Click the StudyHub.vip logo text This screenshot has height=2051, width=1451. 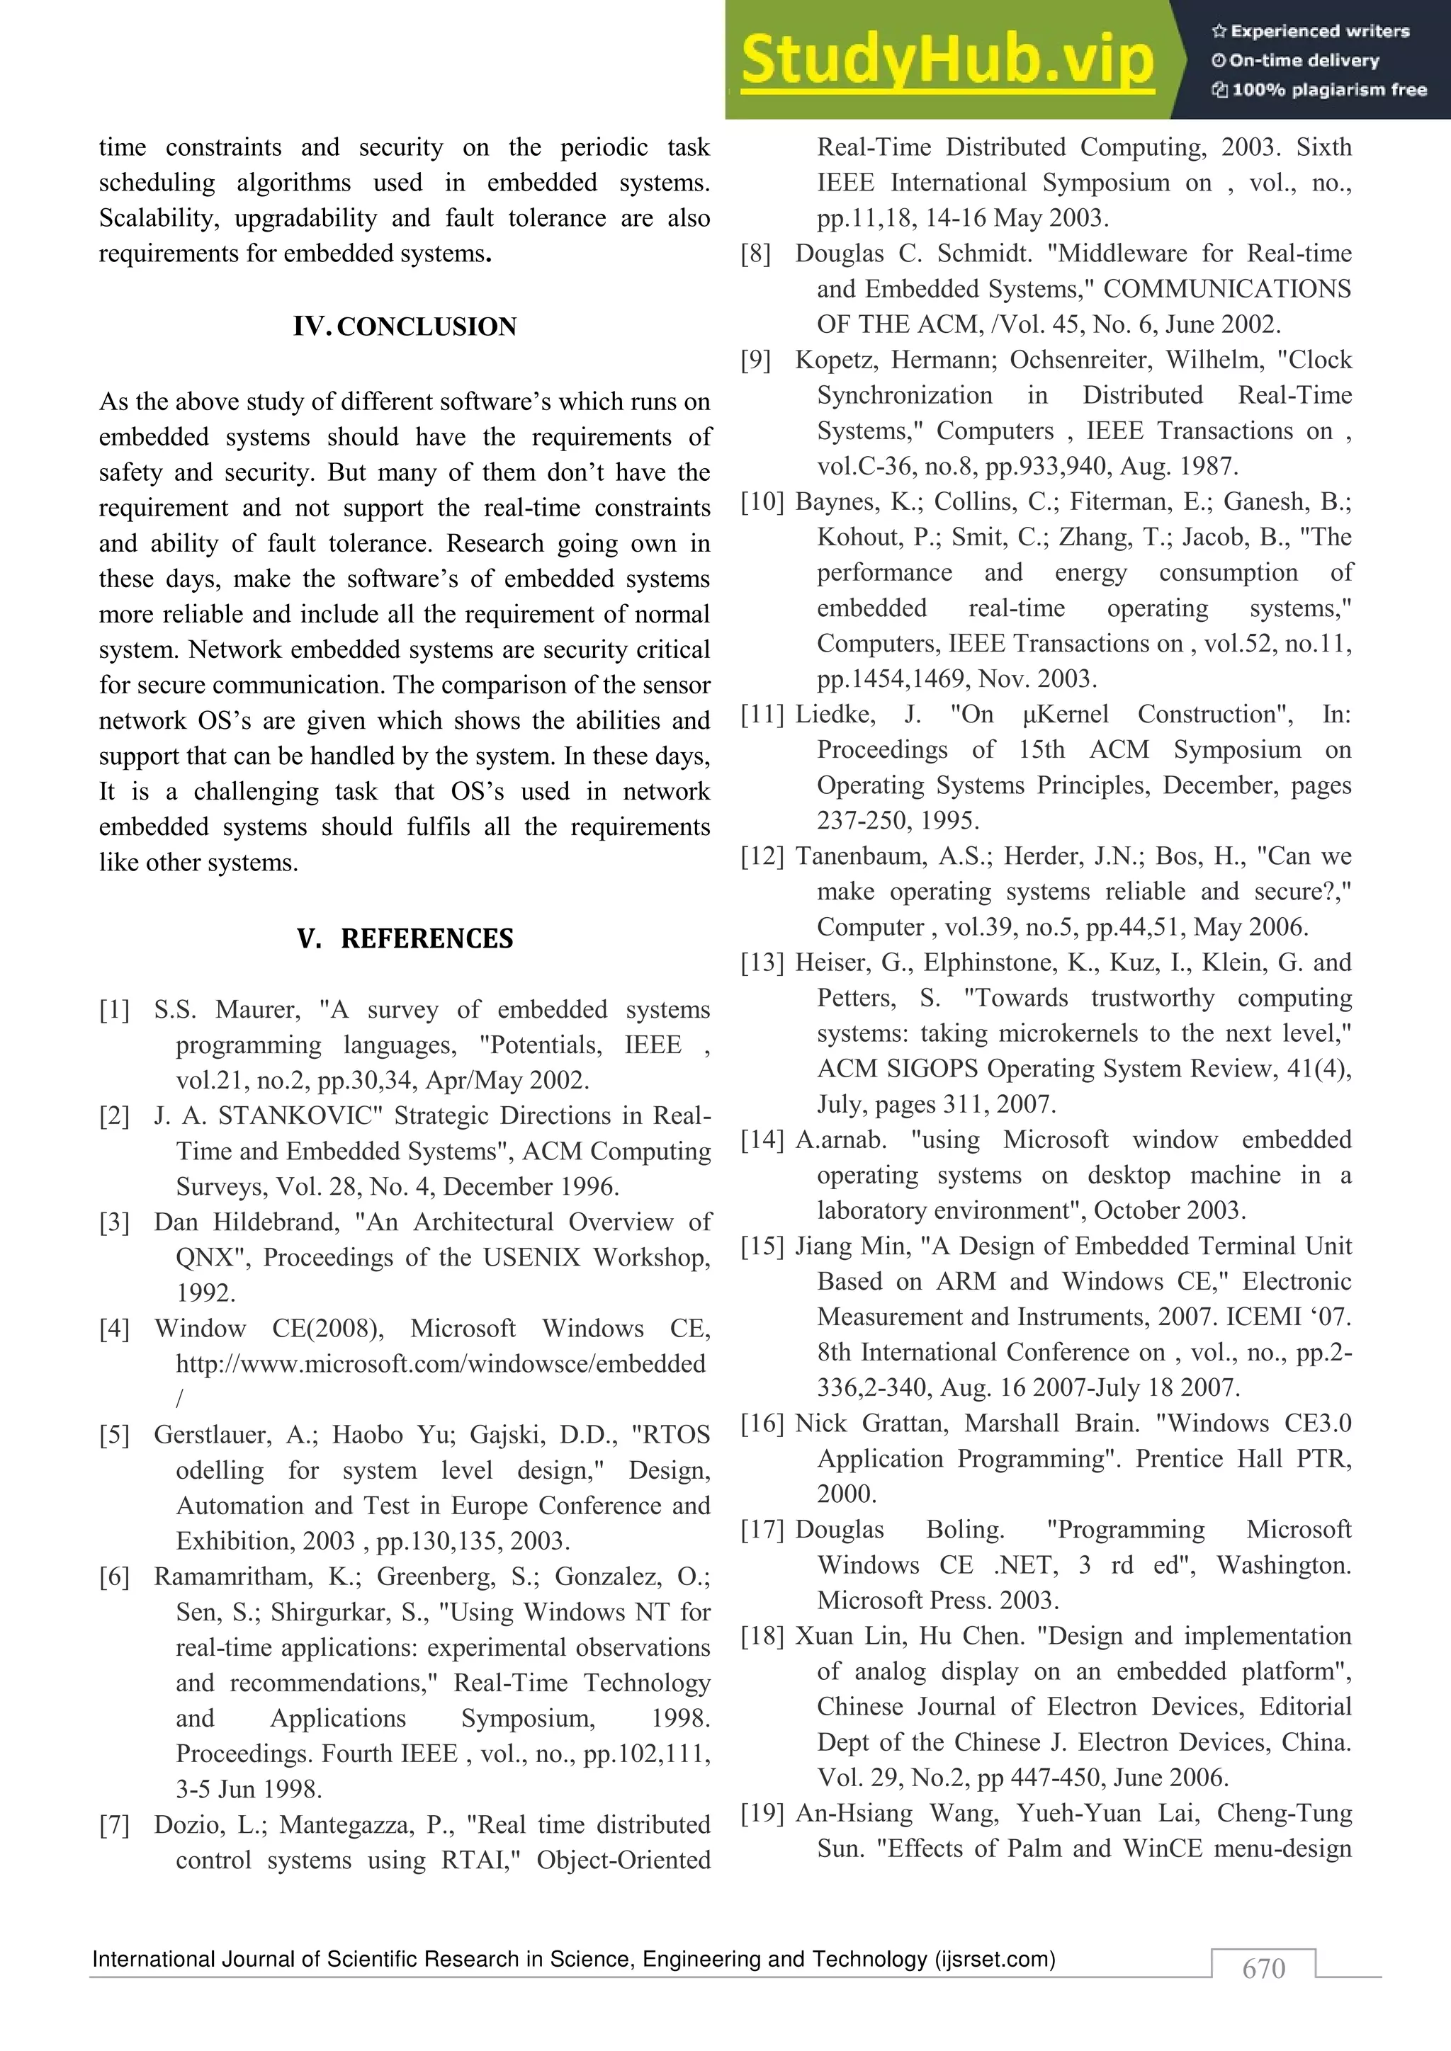[947, 60]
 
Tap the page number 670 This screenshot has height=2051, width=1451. [1263, 1969]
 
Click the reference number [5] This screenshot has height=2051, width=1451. [114, 1435]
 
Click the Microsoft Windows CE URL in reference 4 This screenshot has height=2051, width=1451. [441, 1363]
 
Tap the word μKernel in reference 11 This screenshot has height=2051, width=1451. [1065, 714]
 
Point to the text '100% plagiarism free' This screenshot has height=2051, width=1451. [1328, 89]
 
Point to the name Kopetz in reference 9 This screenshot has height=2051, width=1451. [835, 359]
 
